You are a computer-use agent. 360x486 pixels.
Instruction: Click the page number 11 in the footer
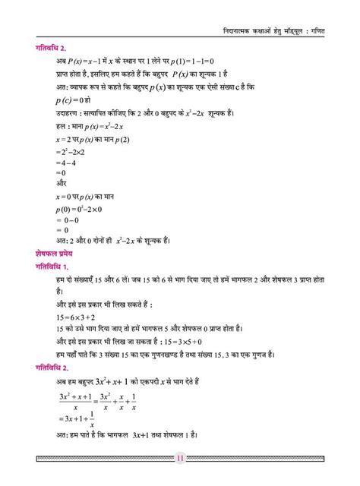180,458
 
